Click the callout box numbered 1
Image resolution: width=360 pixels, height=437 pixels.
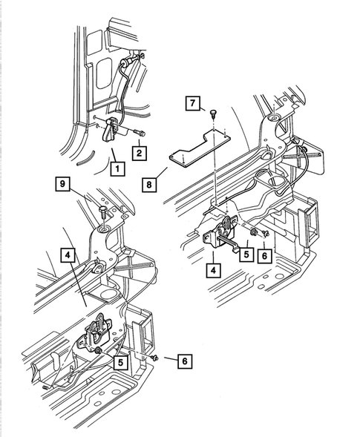tap(117, 168)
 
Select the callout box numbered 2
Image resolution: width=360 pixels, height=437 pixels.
tap(139, 153)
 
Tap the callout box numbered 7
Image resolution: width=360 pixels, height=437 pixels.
tap(193, 103)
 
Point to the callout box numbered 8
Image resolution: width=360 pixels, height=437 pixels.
tap(149, 185)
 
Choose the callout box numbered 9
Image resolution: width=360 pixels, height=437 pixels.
tap(62, 184)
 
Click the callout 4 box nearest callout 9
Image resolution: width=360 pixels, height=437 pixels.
tap(68, 254)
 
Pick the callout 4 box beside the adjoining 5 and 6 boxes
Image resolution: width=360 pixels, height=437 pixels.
tap(213, 270)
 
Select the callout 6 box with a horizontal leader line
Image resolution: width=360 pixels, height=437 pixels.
tap(185, 361)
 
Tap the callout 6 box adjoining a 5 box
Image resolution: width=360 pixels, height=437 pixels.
tap(264, 255)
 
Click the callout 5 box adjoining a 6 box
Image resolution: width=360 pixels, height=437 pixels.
tap(246, 254)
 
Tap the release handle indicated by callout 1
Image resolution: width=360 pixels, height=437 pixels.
tap(111, 130)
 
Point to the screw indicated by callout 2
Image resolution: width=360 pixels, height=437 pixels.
tap(140, 133)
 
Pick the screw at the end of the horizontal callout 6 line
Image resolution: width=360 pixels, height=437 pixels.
tap(155, 358)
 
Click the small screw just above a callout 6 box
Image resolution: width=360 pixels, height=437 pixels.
tap(265, 234)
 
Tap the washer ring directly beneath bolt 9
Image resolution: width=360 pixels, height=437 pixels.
tap(104, 229)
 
